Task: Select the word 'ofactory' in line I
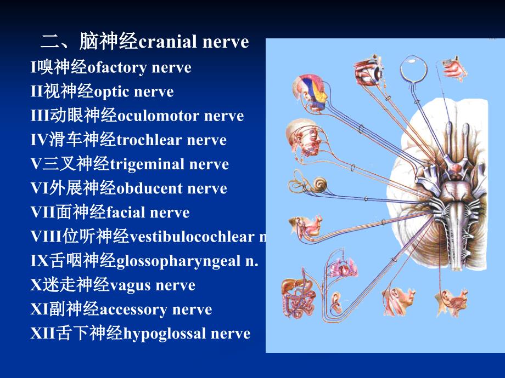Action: (118, 67)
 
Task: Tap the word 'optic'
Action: (120, 91)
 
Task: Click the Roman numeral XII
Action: (43, 333)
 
